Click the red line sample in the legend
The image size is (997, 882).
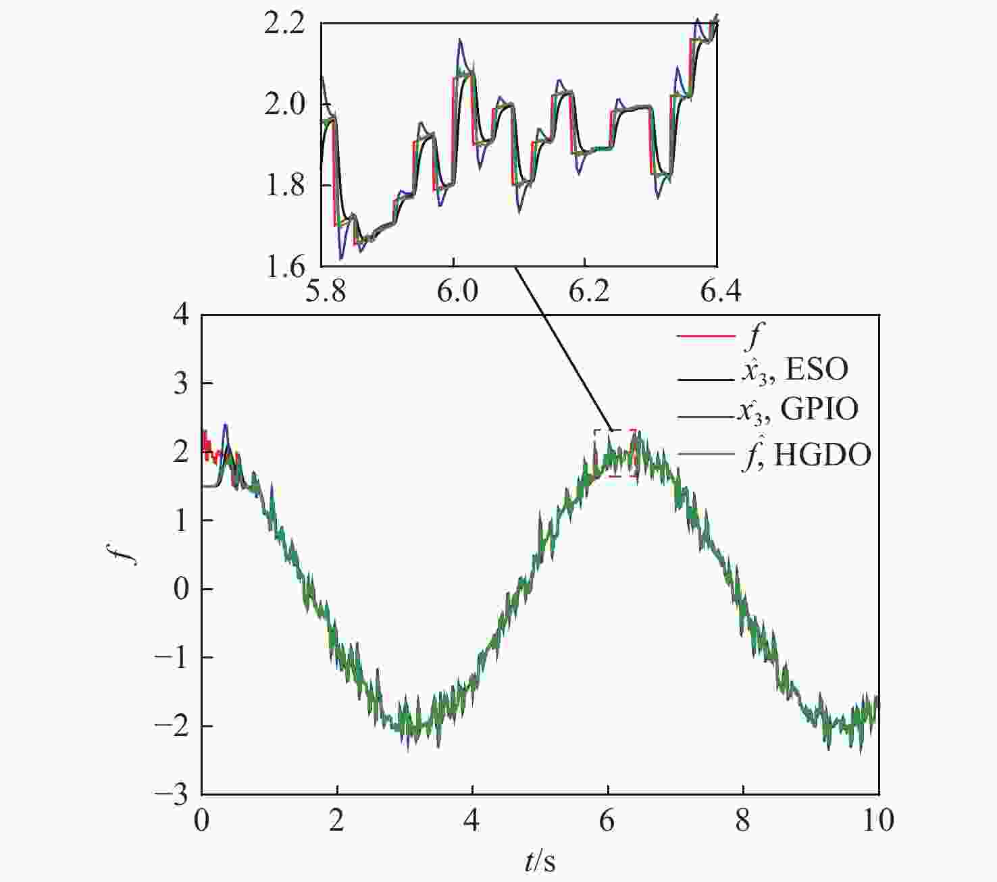click(705, 336)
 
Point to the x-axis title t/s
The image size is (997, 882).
click(540, 862)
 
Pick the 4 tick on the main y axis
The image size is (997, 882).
click(181, 315)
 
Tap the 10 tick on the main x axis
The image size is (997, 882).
click(878, 821)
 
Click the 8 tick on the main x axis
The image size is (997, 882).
click(743, 821)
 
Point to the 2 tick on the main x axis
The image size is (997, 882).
click(336, 821)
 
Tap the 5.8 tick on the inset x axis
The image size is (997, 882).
click(326, 293)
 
